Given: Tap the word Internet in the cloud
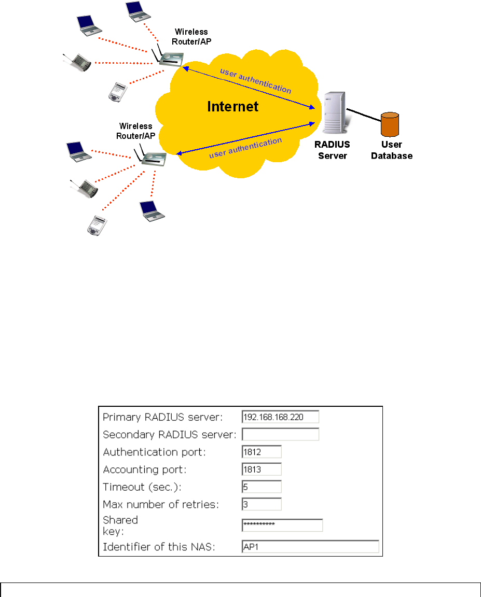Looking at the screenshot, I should tap(233, 107).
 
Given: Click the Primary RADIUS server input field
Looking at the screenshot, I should tap(280, 417).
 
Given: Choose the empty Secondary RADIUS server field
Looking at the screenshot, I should tap(280, 434).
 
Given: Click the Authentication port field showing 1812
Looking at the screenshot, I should tap(262, 452).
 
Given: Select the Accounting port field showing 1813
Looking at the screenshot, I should tap(262, 470).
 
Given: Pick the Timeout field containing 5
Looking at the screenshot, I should tap(262, 487).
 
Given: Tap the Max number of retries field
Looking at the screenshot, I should tap(262, 504).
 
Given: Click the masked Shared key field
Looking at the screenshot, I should tap(282, 525).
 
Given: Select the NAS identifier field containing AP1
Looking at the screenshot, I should tap(310, 547).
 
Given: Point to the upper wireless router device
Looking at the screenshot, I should tap(169, 58).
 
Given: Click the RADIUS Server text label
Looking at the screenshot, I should tap(332, 150).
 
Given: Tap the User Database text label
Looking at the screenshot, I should tap(392, 150).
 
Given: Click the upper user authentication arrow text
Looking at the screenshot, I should tap(256, 79).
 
